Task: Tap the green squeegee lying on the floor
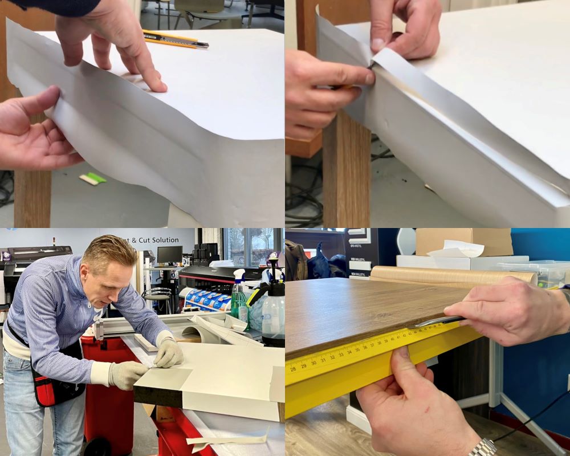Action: point(93,178)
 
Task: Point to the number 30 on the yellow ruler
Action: point(313,363)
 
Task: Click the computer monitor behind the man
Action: point(169,255)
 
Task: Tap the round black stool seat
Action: point(157,292)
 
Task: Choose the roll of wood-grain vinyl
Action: point(450,276)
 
